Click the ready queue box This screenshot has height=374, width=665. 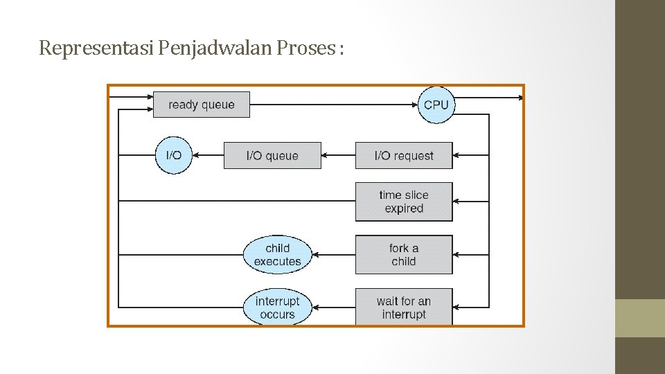point(201,105)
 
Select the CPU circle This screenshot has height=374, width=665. point(436,105)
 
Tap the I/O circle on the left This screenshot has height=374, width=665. point(173,155)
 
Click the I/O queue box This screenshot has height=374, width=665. point(272,156)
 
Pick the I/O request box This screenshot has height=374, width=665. point(404,156)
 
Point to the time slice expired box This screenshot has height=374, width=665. point(404,202)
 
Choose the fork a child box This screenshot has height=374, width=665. point(404,254)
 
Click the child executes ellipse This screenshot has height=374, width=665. point(278,254)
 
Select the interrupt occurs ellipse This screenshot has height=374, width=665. point(278,308)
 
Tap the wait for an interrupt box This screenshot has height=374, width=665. point(404,308)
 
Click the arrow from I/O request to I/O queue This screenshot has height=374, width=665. point(338,156)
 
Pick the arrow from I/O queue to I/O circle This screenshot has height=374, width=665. point(207,156)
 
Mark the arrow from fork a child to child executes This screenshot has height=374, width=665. point(333,254)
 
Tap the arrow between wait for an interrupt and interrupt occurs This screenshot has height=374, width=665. point(333,308)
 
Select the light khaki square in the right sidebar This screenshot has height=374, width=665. point(640,318)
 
